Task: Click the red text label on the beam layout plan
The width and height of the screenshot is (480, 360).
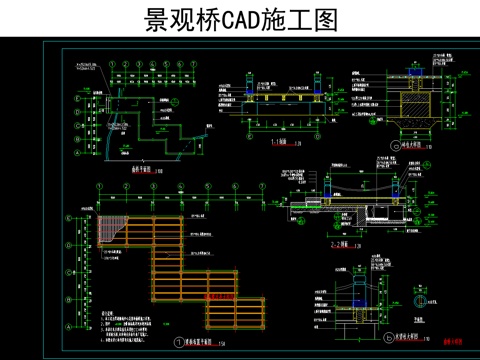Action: (x=218, y=297)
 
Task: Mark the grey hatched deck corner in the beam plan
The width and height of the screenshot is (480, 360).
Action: (x=112, y=226)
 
